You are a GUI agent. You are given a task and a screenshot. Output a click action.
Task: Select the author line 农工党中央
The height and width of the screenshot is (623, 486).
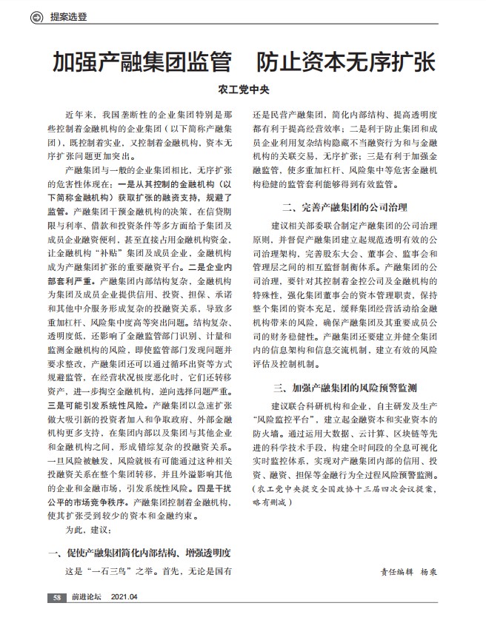coord(243,92)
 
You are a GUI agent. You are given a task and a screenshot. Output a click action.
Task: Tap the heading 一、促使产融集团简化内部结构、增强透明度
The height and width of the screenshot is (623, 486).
coord(141,553)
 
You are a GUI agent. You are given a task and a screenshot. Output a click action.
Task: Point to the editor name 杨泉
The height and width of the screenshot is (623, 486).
coord(429,573)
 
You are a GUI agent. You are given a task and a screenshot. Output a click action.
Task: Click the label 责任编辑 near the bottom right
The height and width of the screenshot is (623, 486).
coord(397,573)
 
